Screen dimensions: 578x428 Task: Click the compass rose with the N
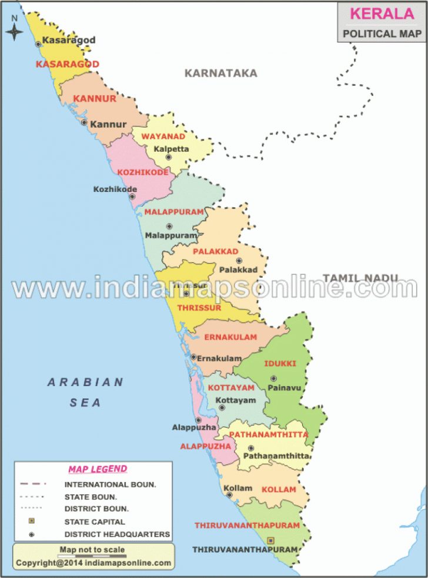(x=15, y=29)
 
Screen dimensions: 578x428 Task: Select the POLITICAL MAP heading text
(x=382, y=34)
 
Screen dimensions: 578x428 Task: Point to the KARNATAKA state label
(x=221, y=73)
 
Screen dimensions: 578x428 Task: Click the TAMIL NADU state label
(x=360, y=278)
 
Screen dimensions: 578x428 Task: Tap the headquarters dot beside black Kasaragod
(x=38, y=44)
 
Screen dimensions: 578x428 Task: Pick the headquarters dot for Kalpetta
(x=169, y=157)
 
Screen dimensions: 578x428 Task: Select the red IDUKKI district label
(x=280, y=364)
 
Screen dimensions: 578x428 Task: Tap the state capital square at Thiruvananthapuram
(x=270, y=540)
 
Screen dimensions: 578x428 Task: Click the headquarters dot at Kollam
(x=229, y=495)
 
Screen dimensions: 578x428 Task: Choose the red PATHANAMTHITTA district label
(x=268, y=434)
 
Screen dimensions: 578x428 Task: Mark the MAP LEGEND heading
(x=98, y=469)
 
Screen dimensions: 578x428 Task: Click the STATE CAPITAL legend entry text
(x=95, y=521)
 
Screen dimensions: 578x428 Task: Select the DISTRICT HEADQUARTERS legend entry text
(x=118, y=534)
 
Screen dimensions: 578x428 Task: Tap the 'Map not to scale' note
(x=92, y=550)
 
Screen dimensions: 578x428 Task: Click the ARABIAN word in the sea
(x=86, y=383)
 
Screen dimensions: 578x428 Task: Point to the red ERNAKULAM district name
(x=230, y=337)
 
